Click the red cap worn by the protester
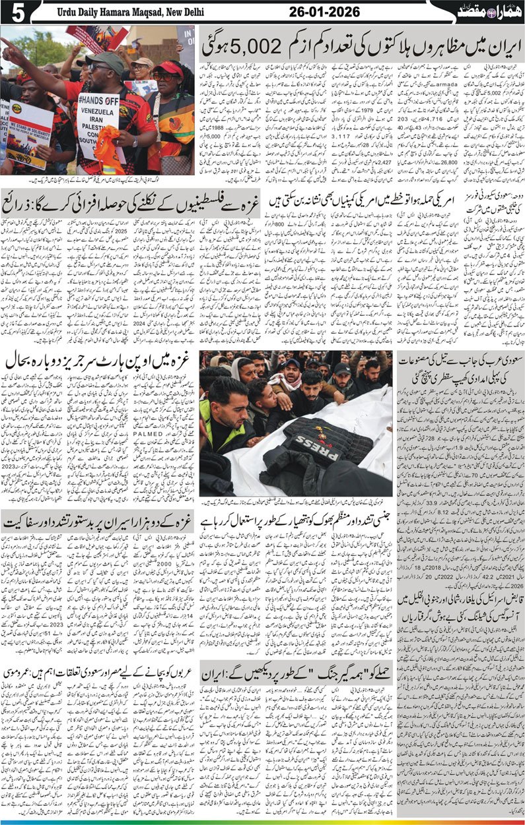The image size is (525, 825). tap(168, 69)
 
